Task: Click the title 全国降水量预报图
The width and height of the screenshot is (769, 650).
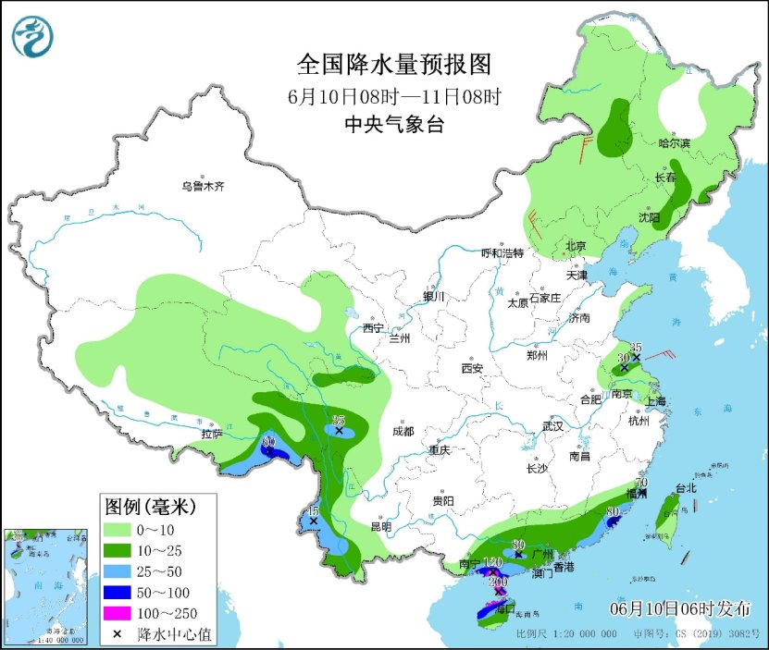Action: point(393,65)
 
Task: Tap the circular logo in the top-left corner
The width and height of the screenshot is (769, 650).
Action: point(32,36)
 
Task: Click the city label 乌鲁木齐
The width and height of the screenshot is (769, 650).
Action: point(203,187)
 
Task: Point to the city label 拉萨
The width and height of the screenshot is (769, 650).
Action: point(212,433)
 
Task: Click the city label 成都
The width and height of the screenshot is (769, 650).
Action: point(403,431)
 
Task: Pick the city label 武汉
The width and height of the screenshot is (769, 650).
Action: point(553,427)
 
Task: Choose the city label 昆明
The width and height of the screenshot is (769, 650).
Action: point(381,526)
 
